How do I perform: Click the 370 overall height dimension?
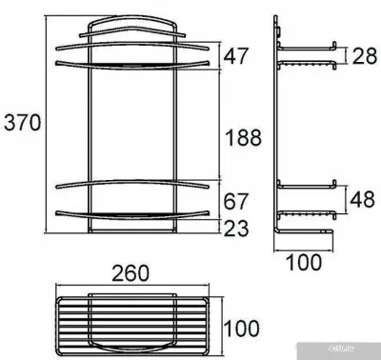[x=22, y=123]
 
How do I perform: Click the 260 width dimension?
[x=130, y=274]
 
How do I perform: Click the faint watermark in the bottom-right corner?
[x=356, y=351]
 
